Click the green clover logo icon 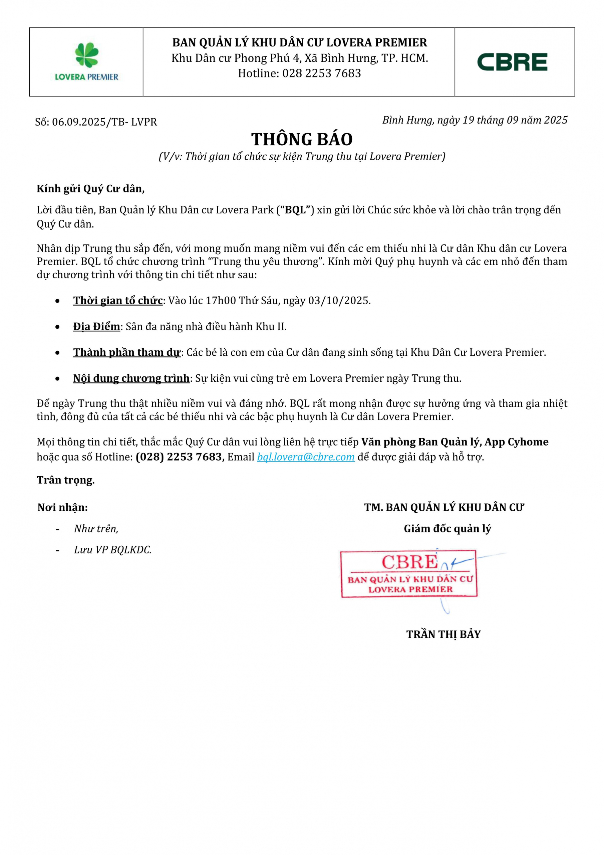(87, 55)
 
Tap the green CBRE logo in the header (512, 62)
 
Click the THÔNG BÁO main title (302, 140)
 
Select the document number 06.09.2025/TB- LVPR (104, 122)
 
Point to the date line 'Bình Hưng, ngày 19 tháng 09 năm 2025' (475, 120)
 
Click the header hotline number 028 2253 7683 (322, 73)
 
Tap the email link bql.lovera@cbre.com (306, 457)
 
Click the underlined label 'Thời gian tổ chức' (117, 301)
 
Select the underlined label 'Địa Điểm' (96, 327)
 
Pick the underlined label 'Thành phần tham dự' (126, 352)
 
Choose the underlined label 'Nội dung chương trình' (131, 378)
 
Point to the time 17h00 (221, 301)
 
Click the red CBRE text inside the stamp (409, 562)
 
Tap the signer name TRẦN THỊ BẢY (443, 634)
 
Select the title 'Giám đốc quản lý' (447, 528)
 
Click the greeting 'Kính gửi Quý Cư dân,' (90, 189)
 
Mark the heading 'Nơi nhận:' (62, 507)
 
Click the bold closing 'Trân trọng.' (65, 480)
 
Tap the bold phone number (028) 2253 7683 (180, 457)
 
